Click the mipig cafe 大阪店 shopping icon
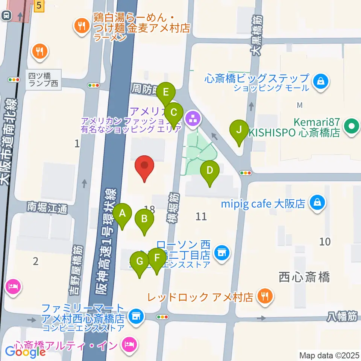point(318,203)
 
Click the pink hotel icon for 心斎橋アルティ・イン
point(130,345)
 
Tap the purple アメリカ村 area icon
point(194,120)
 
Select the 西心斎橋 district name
point(305,278)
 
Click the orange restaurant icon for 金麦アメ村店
point(81,26)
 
